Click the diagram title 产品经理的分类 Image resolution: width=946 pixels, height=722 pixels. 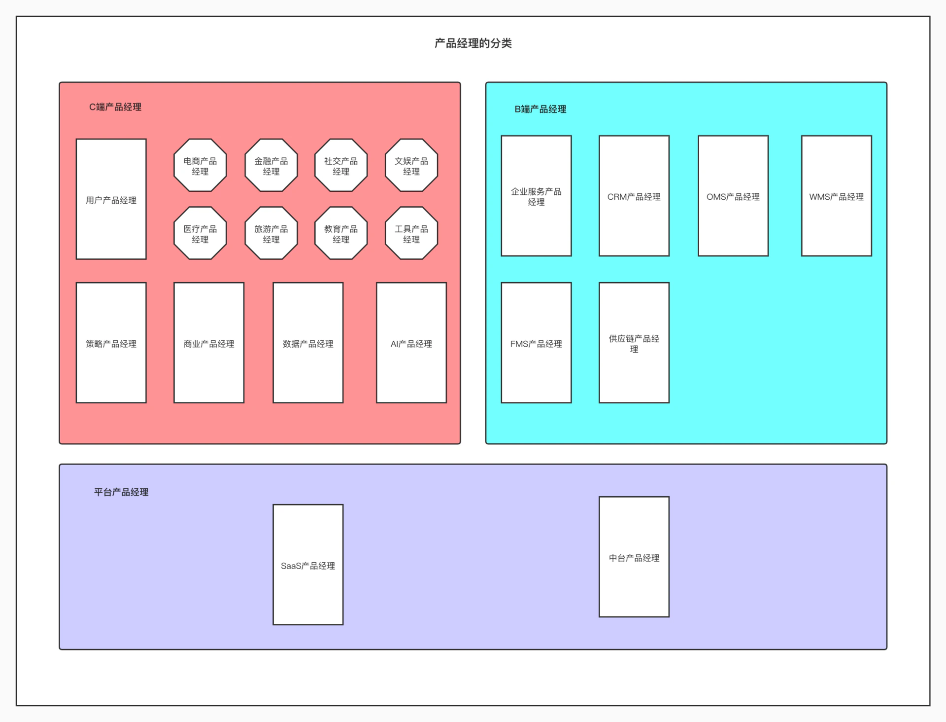click(x=473, y=43)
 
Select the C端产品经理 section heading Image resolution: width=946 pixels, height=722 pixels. click(x=115, y=107)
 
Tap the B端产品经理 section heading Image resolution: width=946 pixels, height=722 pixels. click(x=541, y=109)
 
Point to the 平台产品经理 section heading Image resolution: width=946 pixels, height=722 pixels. click(x=121, y=492)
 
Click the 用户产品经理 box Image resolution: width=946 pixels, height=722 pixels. click(x=111, y=199)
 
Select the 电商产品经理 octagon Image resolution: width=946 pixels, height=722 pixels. click(x=200, y=165)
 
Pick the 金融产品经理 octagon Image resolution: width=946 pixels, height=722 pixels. click(x=271, y=165)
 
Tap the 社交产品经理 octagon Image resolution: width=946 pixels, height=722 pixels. click(x=341, y=165)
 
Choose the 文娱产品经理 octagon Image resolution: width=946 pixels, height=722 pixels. click(x=411, y=165)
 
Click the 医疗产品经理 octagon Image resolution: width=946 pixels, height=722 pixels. click(x=200, y=233)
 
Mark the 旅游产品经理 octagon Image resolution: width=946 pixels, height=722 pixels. click(x=271, y=233)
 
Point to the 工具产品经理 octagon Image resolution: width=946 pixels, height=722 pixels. click(x=411, y=233)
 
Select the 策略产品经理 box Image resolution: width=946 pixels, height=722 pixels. click(x=111, y=343)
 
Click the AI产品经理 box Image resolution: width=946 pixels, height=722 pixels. click(x=411, y=343)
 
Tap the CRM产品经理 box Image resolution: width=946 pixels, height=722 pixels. click(x=634, y=196)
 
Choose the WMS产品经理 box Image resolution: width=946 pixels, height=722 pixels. click(x=837, y=196)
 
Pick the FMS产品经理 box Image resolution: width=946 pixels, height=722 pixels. click(x=537, y=343)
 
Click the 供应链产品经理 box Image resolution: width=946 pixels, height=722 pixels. click(x=634, y=343)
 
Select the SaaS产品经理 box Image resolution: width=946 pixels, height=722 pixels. click(x=308, y=565)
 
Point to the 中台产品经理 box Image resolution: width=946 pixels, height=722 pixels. click(x=634, y=557)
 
